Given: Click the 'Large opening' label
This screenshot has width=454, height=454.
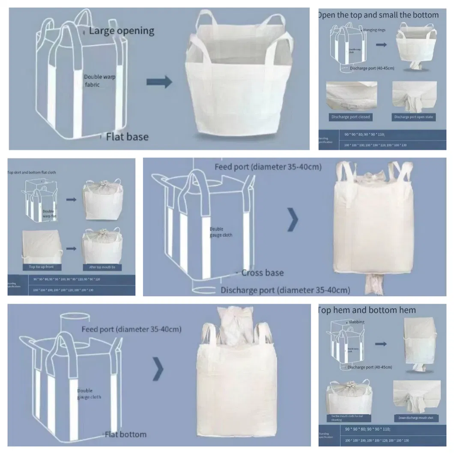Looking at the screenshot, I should (122, 31).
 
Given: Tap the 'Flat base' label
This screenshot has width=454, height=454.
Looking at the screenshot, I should (127, 137).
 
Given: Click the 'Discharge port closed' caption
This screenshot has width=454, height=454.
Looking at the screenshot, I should (350, 117).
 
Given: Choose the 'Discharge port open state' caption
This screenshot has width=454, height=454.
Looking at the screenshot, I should (414, 117).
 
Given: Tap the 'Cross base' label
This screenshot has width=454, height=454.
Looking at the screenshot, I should (262, 273).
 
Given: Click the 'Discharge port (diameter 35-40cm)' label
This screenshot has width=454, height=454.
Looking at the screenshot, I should (285, 290).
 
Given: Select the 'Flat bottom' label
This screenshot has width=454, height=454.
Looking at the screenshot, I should (125, 435).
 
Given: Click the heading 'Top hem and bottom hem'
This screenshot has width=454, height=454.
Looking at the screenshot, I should (367, 310).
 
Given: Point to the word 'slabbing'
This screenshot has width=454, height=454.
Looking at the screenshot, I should (356, 322).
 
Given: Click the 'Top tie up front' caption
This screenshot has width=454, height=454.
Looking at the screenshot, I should (42, 267).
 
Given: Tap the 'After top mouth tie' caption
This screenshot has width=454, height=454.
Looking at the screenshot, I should (102, 267).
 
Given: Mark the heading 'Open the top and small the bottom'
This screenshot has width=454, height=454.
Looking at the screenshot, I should (378, 15).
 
